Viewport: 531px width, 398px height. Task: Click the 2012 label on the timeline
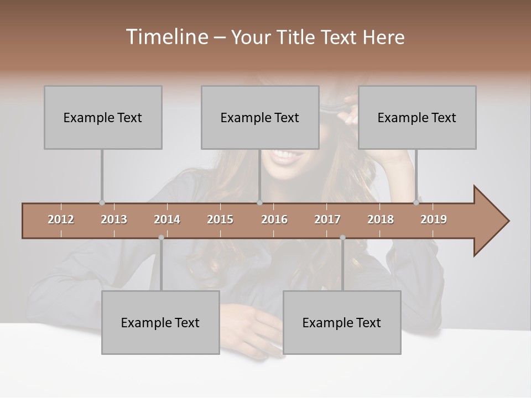61,219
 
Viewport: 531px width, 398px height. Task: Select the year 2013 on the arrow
114,219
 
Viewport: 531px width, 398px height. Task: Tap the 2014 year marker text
167,219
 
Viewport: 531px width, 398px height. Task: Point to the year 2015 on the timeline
220,219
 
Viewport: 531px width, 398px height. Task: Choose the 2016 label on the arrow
274,219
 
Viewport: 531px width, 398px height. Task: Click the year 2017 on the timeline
327,219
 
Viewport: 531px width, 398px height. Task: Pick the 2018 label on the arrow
381,219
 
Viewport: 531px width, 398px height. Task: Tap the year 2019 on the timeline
434,219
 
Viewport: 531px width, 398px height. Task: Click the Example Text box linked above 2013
103,117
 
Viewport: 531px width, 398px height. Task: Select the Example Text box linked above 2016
260,117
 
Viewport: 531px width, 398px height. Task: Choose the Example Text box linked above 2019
417,117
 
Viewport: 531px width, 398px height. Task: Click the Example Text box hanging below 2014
160,322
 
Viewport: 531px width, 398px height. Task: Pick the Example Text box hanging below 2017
342,322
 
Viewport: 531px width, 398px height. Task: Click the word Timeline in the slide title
166,37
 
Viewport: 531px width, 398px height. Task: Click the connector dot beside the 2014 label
161,238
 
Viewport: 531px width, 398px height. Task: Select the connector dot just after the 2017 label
342,238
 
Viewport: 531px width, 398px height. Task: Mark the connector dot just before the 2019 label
417,203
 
